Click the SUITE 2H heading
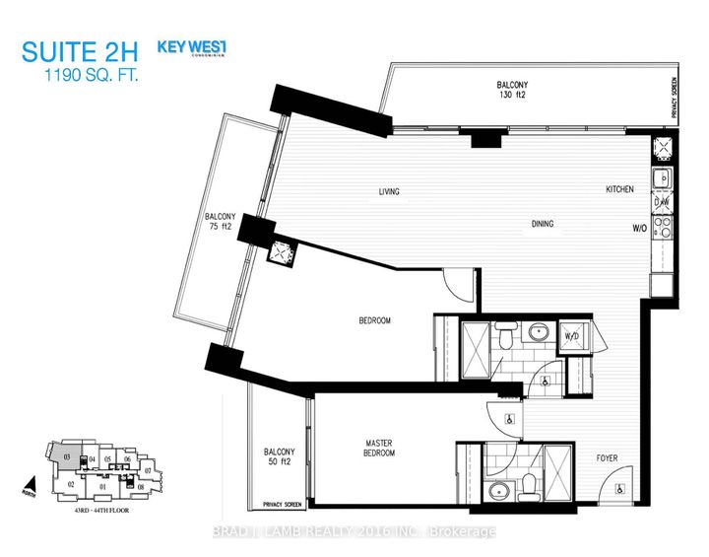pyautogui.click(x=78, y=51)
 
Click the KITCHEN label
pyautogui.click(x=619, y=189)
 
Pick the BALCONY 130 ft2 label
pyautogui.click(x=515, y=91)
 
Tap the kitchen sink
pyautogui.click(x=664, y=178)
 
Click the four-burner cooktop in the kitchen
pyautogui.click(x=663, y=228)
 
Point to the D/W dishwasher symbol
pyautogui.click(x=662, y=203)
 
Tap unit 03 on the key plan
pyautogui.click(x=67, y=457)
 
